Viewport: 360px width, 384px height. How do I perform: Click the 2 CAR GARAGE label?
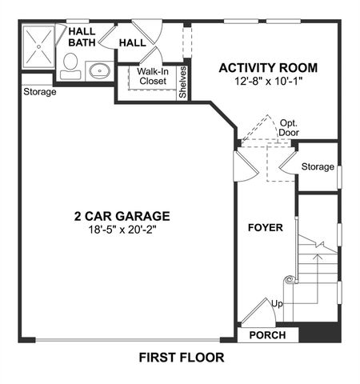[x=122, y=215]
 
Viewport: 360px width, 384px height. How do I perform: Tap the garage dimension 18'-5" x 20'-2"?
[x=122, y=230]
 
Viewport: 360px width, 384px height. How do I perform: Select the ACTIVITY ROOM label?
[x=268, y=67]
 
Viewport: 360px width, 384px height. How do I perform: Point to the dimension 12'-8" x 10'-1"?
[x=268, y=82]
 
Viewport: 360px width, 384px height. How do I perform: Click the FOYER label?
[x=265, y=228]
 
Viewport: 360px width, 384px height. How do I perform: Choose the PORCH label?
[x=268, y=334]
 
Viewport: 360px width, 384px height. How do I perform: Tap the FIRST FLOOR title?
[x=181, y=357]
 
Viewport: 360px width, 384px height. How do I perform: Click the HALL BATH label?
[x=82, y=38]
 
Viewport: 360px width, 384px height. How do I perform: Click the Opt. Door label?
[x=289, y=128]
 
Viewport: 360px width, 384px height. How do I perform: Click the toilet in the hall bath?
[x=70, y=64]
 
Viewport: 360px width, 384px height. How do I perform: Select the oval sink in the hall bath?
[x=100, y=70]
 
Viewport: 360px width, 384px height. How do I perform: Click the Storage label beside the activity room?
[x=317, y=166]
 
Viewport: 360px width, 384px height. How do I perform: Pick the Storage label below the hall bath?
[x=39, y=92]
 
